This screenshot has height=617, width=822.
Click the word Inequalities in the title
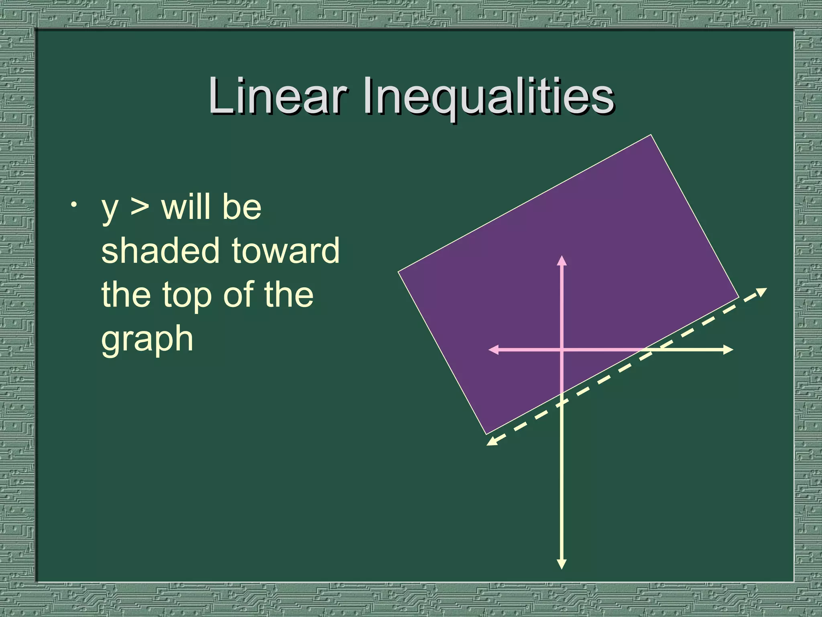[488, 98]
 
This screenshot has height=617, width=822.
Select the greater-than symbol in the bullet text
[139, 207]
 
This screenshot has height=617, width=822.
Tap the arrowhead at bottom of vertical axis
[562, 564]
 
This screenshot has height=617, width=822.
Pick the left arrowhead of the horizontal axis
[493, 350]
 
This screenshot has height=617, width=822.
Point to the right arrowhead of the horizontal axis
[728, 350]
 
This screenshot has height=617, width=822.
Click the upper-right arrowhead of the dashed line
[762, 291]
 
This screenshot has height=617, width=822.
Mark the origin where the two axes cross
[562, 350]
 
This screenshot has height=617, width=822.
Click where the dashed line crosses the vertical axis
[562, 402]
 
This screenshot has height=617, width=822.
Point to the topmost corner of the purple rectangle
[651, 135]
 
